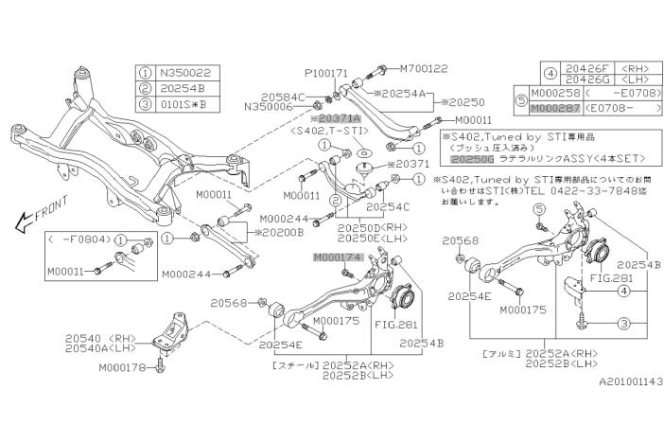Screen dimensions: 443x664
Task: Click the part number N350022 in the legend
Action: click(188, 71)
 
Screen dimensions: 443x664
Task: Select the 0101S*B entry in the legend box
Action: click(186, 103)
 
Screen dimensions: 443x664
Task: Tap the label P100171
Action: click(326, 73)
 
